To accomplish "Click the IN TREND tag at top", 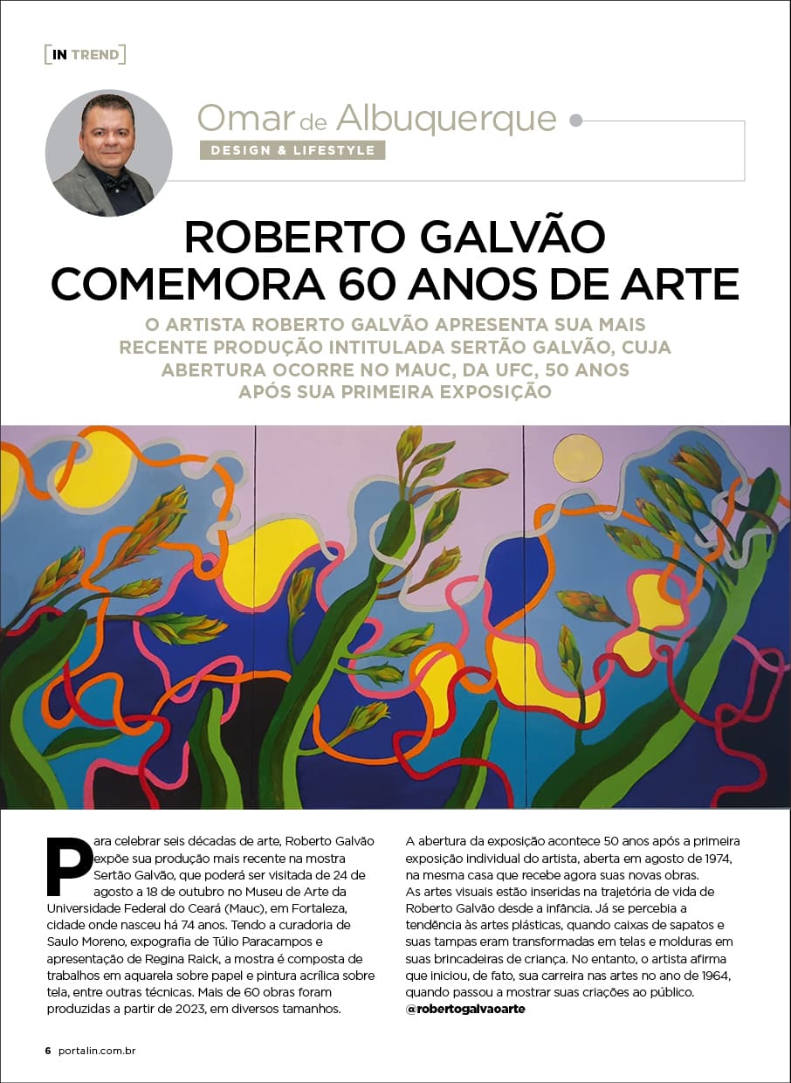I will [86, 55].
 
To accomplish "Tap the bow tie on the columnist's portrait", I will [115, 182].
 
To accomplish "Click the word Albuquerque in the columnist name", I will [445, 118].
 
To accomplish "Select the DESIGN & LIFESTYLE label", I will [292, 150].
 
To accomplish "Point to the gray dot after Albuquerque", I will [575, 121].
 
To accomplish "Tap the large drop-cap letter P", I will [68, 866].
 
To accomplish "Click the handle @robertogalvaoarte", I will [466, 1009].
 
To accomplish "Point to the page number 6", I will [48, 1050].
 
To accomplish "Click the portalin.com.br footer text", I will [98, 1050].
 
